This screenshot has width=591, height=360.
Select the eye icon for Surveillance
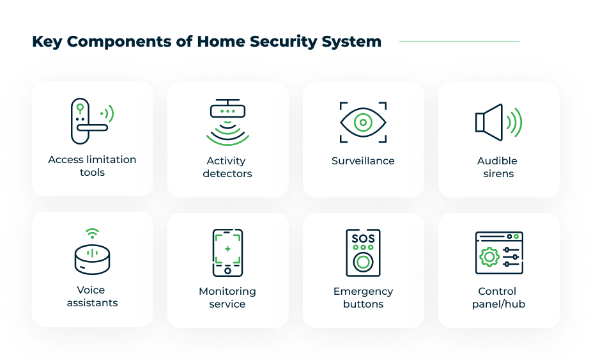[363, 122]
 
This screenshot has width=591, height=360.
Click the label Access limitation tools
[92, 166]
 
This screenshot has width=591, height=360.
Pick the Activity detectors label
[227, 167]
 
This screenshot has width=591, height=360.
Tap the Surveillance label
[363, 161]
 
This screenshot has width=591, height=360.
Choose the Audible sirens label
[498, 167]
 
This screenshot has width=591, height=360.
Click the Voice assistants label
[92, 296]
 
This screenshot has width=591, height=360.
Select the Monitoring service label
[227, 297]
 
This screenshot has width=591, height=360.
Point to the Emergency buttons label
[363, 297]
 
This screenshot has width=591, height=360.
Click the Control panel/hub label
[498, 297]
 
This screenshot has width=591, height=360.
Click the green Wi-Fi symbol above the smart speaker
[93, 233]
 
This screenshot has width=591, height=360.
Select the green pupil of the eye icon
[363, 122]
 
